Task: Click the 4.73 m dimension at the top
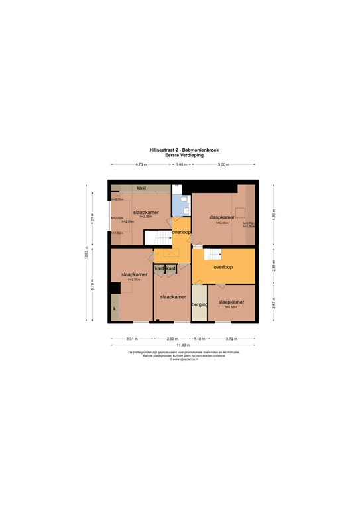[x=141, y=164]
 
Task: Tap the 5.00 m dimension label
[x=223, y=164]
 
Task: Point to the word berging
[x=200, y=304]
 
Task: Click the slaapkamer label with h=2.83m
[x=230, y=302]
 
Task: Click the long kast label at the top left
[x=141, y=188]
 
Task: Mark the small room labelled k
[x=115, y=309]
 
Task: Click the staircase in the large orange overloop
[x=213, y=253]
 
